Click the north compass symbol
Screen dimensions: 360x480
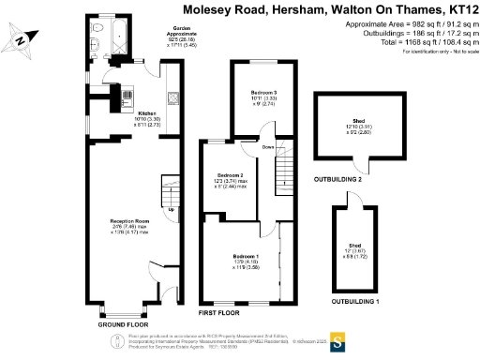(20, 39)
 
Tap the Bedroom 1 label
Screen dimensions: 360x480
(246, 255)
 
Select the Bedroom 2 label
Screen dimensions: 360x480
(231, 175)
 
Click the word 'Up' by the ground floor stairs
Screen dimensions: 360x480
(170, 209)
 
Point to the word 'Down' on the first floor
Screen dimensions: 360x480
(267, 148)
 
